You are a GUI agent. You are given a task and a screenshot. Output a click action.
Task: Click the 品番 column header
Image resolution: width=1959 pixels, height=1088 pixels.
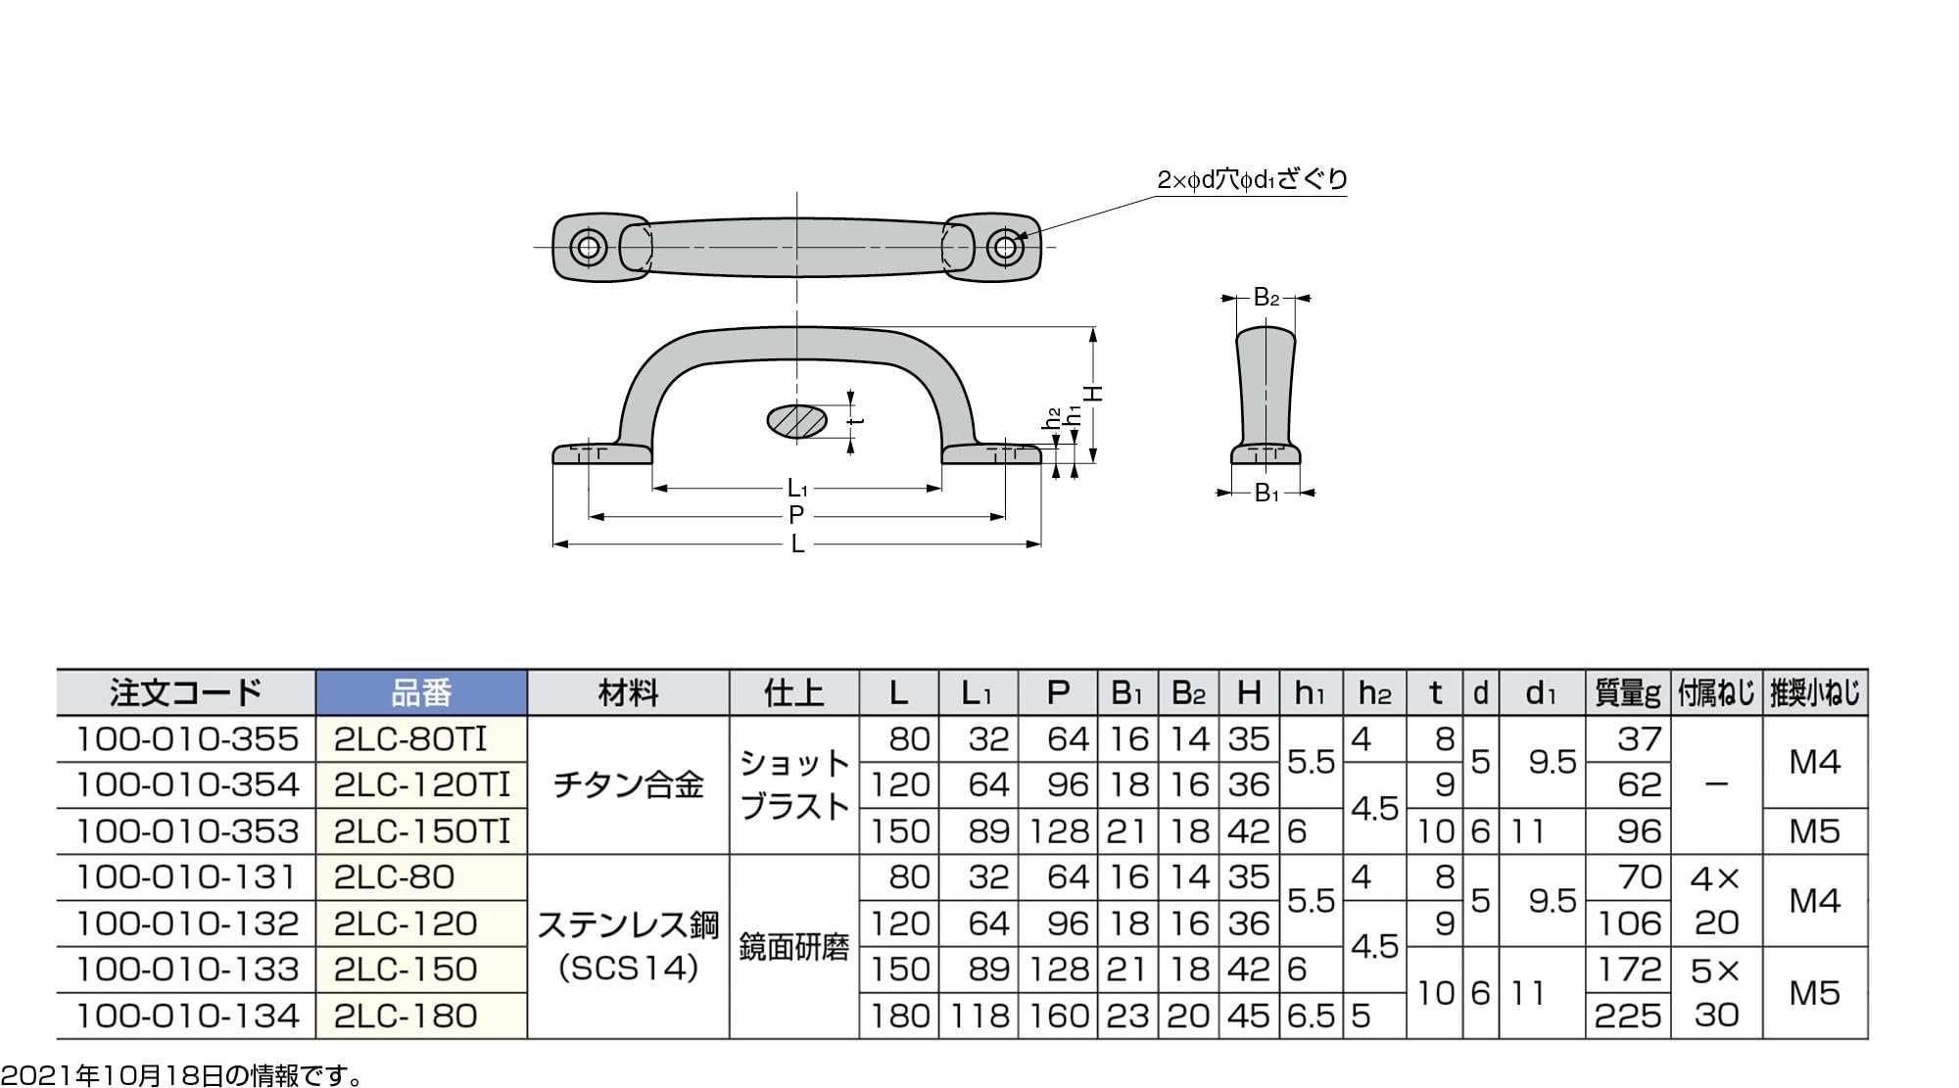coord(421,693)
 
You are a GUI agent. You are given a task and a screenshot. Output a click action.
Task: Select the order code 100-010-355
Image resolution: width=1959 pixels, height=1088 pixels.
coord(187,739)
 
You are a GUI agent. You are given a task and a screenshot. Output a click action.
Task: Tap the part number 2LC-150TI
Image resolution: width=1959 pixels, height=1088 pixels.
coord(422,831)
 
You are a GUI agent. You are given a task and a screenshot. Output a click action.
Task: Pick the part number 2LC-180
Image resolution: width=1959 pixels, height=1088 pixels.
coord(406,1016)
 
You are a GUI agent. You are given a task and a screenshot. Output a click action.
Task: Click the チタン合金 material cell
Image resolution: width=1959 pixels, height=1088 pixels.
coord(628,784)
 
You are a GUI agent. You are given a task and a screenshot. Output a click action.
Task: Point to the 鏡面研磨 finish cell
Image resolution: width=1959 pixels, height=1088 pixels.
coord(793,947)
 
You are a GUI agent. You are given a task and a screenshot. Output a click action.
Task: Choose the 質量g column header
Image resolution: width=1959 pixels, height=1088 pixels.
coord(1627,693)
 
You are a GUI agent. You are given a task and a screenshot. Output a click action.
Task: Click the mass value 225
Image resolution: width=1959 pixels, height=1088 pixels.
coord(1628,1016)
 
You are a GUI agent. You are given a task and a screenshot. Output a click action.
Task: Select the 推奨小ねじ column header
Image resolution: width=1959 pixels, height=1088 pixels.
coord(1815,693)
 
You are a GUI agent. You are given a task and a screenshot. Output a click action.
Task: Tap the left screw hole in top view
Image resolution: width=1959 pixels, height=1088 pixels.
coord(589,246)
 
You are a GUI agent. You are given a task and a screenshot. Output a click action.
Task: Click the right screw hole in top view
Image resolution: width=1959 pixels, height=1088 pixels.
coord(1004,246)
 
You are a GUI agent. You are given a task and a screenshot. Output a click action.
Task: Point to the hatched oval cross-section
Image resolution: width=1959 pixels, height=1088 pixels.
coord(796,421)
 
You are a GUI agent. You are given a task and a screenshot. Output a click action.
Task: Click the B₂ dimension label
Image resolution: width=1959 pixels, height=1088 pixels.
coord(1266,298)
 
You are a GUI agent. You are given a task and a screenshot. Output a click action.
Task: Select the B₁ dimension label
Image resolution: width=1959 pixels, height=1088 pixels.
coord(1266,494)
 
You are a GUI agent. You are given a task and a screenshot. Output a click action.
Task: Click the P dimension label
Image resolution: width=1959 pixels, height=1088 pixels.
coord(796,515)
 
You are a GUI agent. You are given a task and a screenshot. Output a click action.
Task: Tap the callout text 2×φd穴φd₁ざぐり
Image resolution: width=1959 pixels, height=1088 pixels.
coord(1252,179)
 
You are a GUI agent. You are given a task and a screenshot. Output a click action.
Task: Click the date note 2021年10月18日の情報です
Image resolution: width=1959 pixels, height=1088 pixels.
coord(182,1076)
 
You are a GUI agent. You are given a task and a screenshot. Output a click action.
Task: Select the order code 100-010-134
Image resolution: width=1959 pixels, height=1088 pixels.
coord(187,1016)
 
